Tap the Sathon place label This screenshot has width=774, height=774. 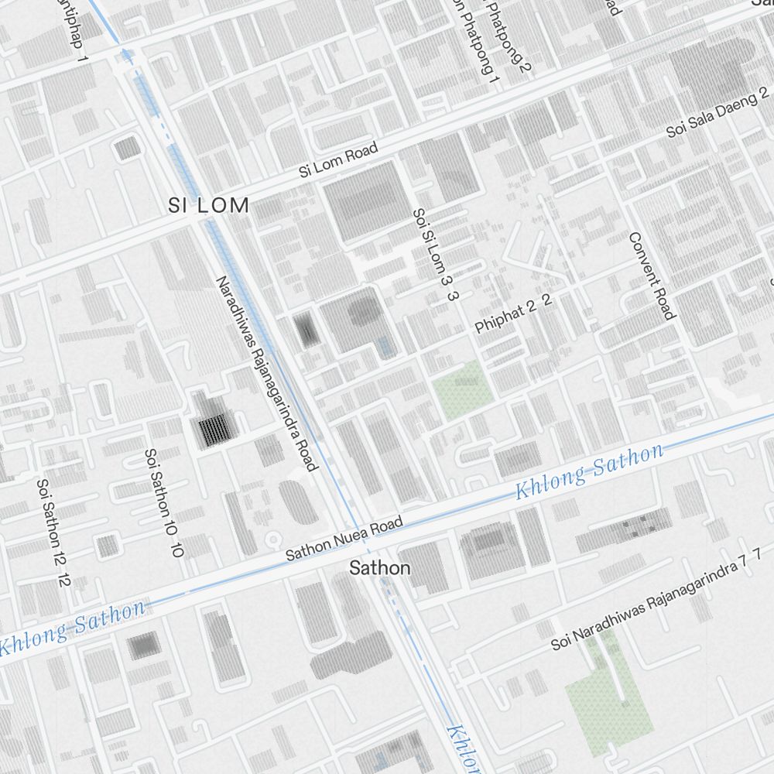[x=379, y=568]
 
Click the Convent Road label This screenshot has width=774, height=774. [x=652, y=276]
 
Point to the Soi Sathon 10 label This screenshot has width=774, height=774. [x=164, y=503]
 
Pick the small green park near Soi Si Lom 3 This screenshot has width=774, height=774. [x=462, y=389]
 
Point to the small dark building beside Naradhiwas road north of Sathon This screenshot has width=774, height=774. [x=308, y=330]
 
